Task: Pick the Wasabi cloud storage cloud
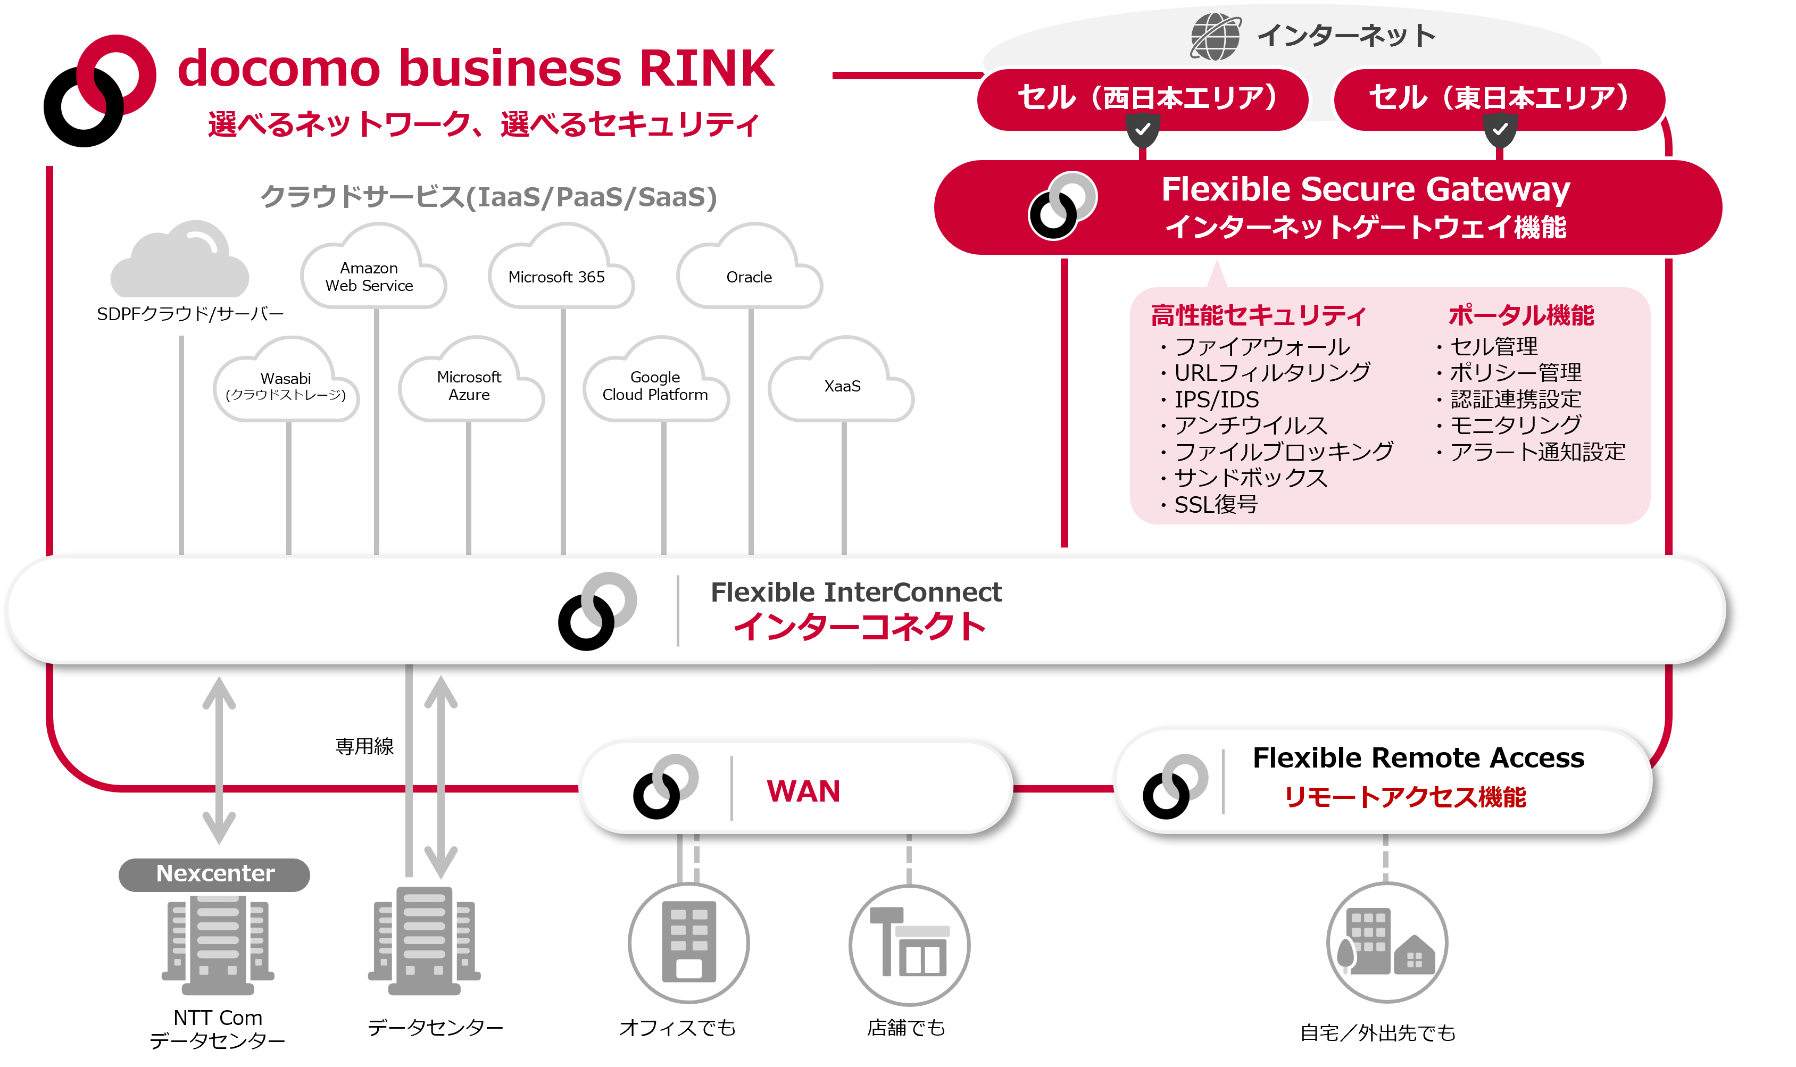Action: coord(286,387)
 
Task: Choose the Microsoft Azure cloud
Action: coord(470,386)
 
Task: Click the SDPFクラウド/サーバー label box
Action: coord(190,315)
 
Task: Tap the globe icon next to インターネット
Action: coord(1215,36)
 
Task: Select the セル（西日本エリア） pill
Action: coord(1141,98)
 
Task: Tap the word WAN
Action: coord(803,791)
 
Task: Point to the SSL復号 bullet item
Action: coord(1215,505)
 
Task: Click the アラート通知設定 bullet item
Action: coord(1536,452)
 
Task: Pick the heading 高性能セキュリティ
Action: coord(1258,315)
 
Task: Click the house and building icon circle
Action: coord(1386,943)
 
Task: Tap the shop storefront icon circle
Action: coord(910,944)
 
